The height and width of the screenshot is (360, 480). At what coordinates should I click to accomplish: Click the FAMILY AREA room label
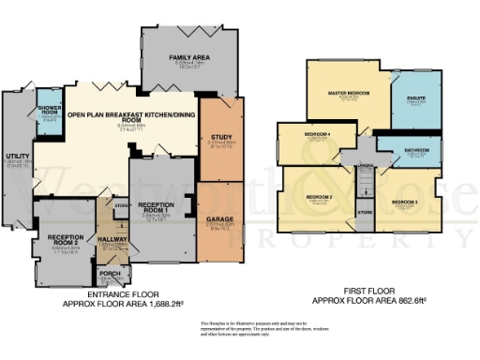coord(188,58)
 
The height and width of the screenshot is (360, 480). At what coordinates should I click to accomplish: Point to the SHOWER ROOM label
coord(50,111)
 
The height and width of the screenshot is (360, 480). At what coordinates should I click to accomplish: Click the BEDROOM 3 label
coord(405,201)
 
